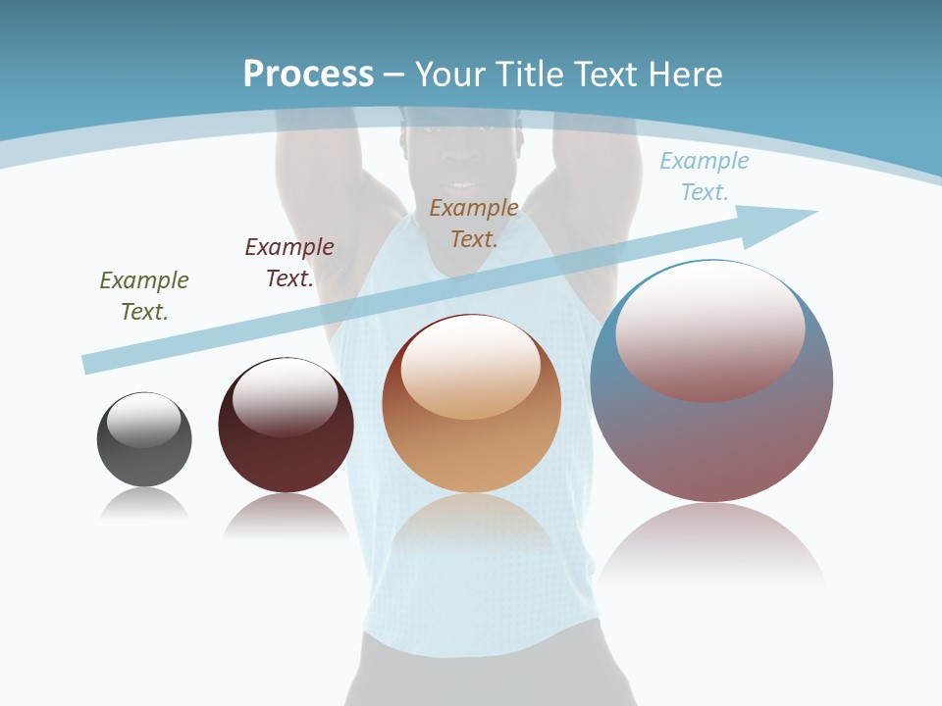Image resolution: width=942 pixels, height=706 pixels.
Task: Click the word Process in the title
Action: click(x=308, y=75)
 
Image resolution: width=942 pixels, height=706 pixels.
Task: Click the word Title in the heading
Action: click(x=526, y=75)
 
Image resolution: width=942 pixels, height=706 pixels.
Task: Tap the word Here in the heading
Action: click(x=682, y=75)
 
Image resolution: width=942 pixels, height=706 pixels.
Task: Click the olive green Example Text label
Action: click(x=144, y=295)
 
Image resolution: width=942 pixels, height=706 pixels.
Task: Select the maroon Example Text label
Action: click(x=289, y=262)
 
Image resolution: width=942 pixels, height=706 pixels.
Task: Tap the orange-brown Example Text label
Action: click(x=474, y=223)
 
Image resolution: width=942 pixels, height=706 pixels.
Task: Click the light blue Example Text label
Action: click(x=705, y=176)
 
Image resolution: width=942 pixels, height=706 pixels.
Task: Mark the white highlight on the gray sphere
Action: click(x=144, y=420)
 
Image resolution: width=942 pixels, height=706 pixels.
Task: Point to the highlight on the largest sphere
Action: click(x=710, y=328)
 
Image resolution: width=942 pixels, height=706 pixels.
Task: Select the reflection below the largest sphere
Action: click(x=711, y=544)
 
